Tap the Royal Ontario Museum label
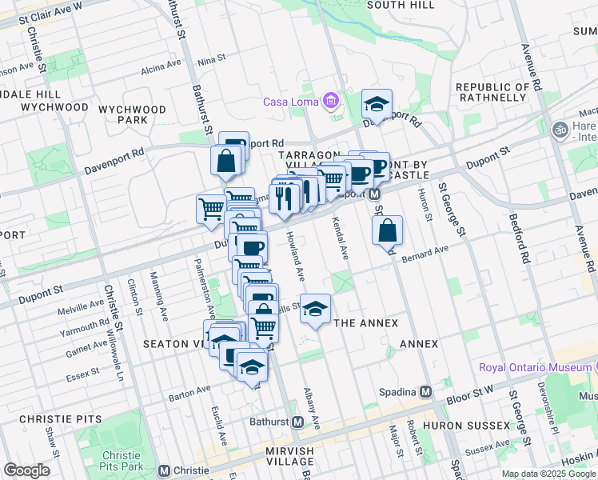[535, 367]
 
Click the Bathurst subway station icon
[297, 422]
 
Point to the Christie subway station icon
[165, 471]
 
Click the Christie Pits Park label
[122, 460]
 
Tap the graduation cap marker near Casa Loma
[377, 104]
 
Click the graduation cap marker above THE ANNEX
[316, 309]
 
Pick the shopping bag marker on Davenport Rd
[227, 160]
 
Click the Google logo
[26, 470]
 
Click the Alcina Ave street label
[161, 68]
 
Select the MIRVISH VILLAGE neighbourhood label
[278, 456]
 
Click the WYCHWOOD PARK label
[133, 114]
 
